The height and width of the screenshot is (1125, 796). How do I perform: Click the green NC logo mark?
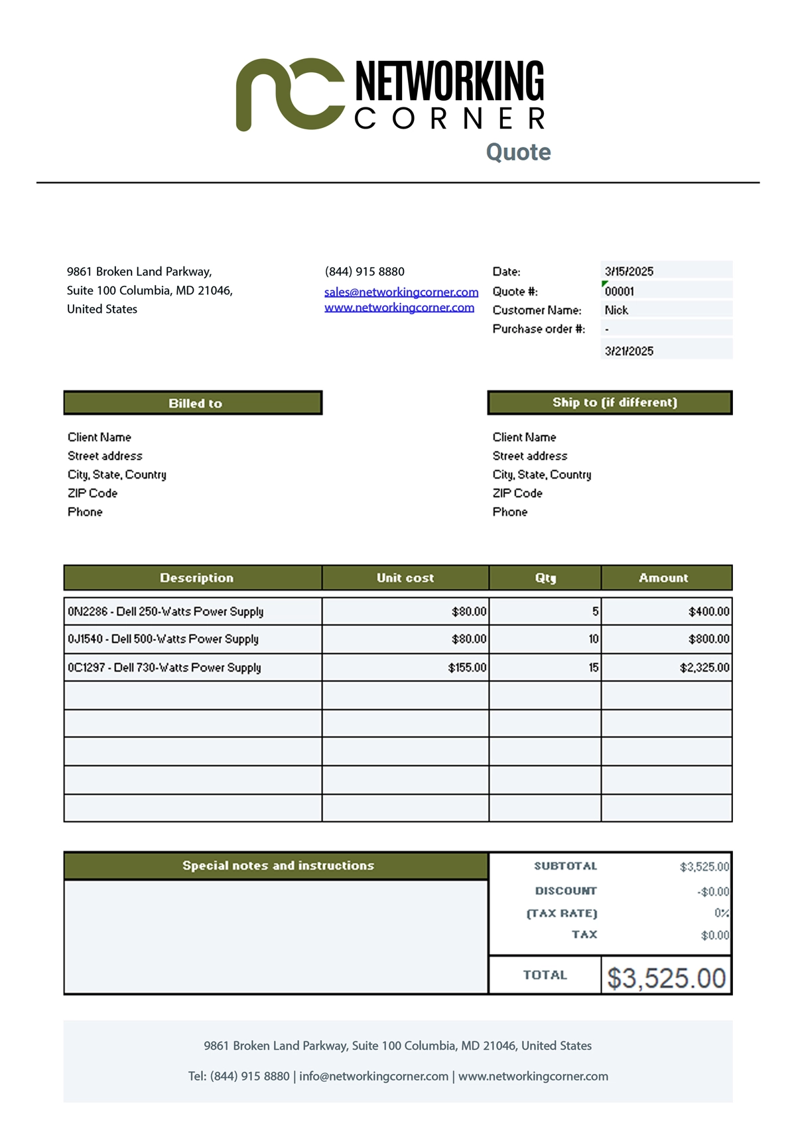tap(290, 94)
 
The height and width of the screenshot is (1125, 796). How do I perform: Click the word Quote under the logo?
tap(518, 152)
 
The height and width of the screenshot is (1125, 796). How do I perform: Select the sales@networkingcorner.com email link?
tap(401, 292)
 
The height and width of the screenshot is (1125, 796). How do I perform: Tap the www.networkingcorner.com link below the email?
tap(399, 308)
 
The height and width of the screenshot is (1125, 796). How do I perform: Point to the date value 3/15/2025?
tap(629, 271)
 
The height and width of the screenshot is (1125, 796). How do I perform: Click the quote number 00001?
tap(620, 291)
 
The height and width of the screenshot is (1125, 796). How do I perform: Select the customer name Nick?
tap(616, 310)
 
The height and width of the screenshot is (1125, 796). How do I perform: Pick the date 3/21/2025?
tap(629, 351)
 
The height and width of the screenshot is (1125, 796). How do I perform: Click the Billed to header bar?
tap(193, 403)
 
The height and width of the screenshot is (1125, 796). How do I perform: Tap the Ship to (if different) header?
tap(610, 402)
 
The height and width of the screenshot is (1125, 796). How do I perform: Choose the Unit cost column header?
tap(405, 577)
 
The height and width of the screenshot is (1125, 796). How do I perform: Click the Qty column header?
tap(545, 577)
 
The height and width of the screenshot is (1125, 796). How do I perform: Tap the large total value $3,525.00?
tap(667, 978)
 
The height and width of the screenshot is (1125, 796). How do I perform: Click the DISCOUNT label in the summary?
tap(566, 891)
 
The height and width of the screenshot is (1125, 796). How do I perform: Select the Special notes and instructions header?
tap(277, 866)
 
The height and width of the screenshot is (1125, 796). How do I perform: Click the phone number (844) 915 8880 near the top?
tap(365, 271)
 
